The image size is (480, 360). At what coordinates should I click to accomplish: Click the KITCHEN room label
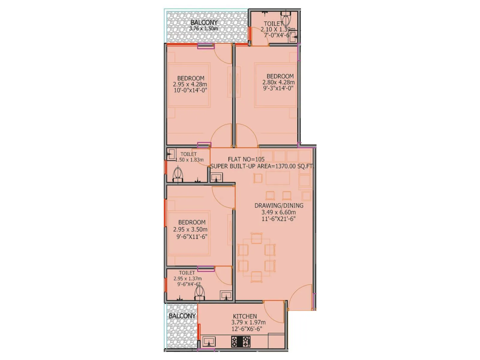[x=245, y=316]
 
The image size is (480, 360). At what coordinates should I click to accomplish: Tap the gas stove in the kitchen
[x=241, y=341]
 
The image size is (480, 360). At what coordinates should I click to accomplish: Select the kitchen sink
[x=209, y=341]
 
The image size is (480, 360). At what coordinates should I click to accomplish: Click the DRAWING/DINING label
[x=279, y=205]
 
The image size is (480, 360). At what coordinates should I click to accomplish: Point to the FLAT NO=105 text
[x=246, y=159]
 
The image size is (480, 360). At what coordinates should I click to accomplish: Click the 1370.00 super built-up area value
[x=285, y=166]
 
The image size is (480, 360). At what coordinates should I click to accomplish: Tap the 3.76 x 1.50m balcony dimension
[x=203, y=29]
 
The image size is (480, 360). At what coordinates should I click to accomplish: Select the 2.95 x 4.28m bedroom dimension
[x=190, y=84]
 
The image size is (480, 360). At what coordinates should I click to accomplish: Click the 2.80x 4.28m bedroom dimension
[x=278, y=82]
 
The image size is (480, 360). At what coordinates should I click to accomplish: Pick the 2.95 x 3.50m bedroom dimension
[x=190, y=229]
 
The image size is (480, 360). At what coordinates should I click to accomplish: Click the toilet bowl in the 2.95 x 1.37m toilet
[x=199, y=292]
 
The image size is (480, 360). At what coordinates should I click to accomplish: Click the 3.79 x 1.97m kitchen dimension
[x=248, y=322]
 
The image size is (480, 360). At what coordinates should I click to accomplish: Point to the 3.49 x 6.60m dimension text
[x=278, y=212]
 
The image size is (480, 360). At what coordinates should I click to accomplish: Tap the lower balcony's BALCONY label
[x=182, y=316]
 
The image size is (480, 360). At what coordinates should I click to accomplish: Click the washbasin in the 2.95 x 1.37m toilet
[x=226, y=295]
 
